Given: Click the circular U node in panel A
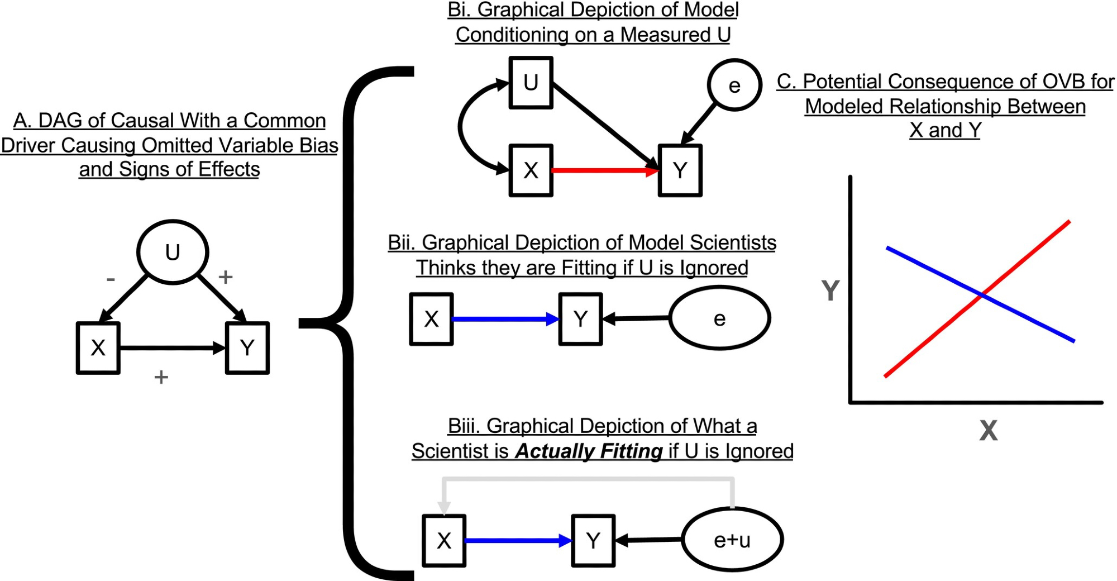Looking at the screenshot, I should point(173,253).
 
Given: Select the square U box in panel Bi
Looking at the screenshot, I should point(531,83).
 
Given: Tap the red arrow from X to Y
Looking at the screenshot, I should point(603,170).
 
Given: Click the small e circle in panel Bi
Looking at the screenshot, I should point(734,85).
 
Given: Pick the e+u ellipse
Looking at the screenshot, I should point(732,540).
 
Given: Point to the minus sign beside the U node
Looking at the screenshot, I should point(111,279).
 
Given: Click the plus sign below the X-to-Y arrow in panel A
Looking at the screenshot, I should point(161,378).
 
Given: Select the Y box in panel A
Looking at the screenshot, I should point(247,348).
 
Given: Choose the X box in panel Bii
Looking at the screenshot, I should point(431,319).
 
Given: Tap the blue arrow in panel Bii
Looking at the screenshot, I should point(503,319).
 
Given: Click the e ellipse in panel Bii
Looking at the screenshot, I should point(719,318).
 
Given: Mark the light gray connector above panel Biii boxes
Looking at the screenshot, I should point(586,479).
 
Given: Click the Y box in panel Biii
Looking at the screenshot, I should point(593,541).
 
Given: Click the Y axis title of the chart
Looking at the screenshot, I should point(830,290).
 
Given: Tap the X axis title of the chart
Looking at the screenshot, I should point(988,431).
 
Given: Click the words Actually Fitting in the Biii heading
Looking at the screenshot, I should point(589,451).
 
